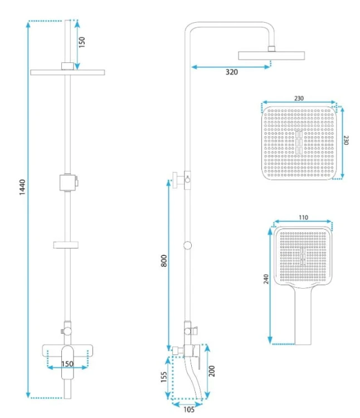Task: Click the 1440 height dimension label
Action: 22,187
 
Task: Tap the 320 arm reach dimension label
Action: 232,72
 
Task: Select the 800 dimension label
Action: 164,261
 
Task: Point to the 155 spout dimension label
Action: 164,377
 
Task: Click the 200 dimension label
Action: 212,371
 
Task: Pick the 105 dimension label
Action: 189,409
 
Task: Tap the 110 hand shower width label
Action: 303,217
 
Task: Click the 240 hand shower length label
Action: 266,279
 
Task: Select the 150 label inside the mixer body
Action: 67,364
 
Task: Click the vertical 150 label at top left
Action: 82,42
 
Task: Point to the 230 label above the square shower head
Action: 299,98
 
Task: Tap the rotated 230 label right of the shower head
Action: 346,140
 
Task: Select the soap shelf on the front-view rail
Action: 66,245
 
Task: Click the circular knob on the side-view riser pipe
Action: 188,245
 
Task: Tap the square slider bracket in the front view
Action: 68,183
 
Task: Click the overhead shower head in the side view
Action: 271,55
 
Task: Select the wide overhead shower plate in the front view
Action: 67,72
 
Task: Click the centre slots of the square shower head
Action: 299,142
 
